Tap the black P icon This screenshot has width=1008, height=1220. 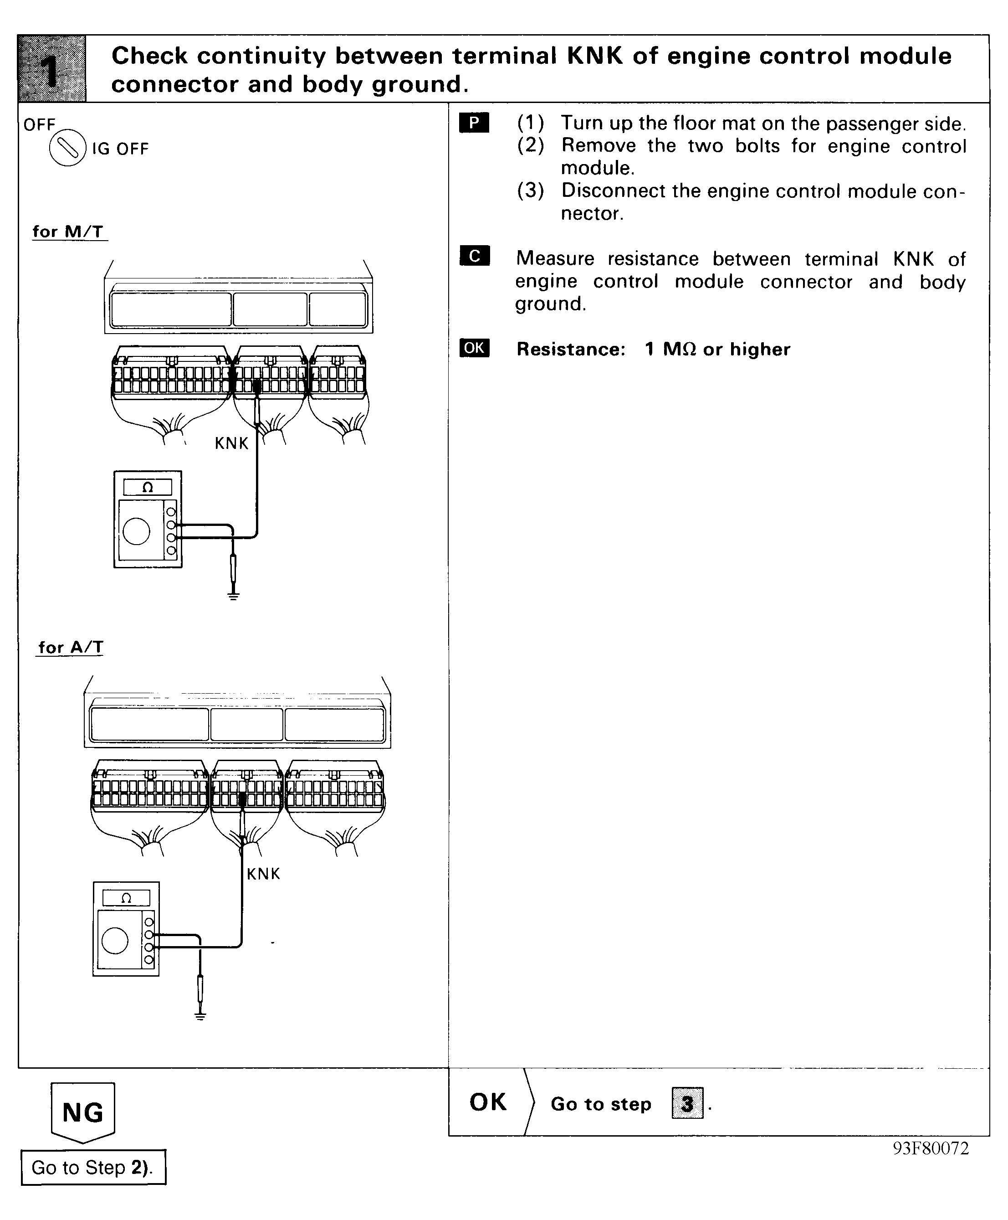coord(474,123)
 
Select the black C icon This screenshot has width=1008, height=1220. coord(474,256)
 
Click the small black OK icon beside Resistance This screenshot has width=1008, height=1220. coord(474,348)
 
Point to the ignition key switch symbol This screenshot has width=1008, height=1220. coord(67,149)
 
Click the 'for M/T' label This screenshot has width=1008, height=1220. coord(68,232)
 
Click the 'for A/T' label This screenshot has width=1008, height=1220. coord(70,647)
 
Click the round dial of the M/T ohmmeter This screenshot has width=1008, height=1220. coord(137,531)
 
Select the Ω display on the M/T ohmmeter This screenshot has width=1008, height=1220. coord(148,487)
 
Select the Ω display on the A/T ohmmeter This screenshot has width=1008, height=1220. coord(126,898)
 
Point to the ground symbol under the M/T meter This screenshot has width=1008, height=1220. coord(233,596)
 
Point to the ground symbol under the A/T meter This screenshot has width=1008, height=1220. coord(200,1015)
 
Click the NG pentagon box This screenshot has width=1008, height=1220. coord(83,1112)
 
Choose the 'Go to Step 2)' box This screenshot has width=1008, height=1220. coord(93,1167)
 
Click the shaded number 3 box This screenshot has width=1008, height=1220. coord(687,1103)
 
